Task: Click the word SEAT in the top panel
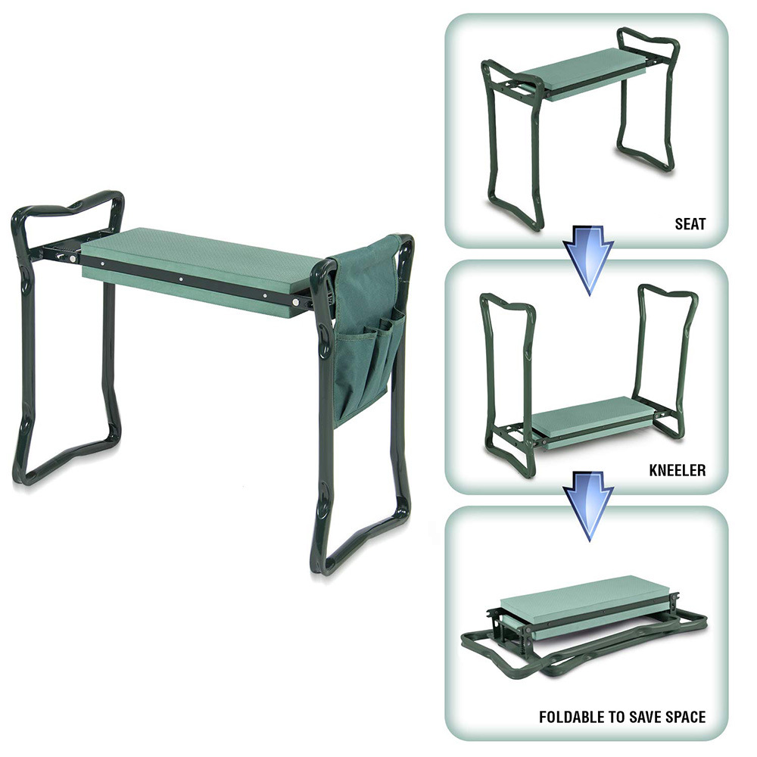click(x=690, y=224)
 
